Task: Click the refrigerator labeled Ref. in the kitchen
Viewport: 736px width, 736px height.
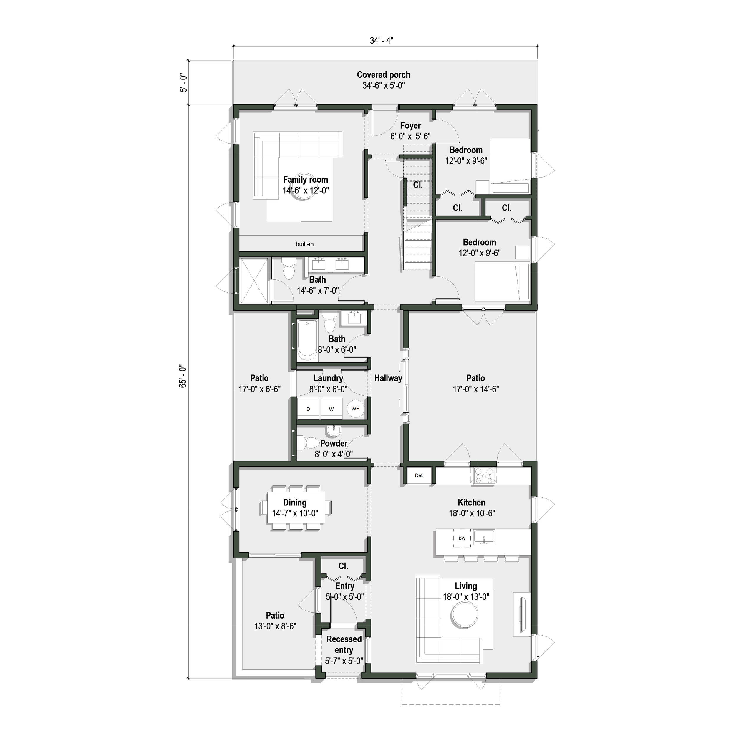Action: [x=419, y=475]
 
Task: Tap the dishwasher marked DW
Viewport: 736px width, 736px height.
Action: [x=462, y=538]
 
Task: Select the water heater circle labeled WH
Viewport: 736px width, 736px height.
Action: [x=355, y=409]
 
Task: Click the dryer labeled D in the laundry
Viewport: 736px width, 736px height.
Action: [x=308, y=409]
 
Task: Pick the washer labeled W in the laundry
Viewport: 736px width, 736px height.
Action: [x=331, y=409]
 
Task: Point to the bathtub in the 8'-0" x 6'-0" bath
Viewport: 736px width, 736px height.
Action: [x=307, y=341]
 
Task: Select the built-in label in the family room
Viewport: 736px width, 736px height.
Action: [x=304, y=244]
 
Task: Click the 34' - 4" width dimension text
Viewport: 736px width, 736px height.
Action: [x=381, y=41]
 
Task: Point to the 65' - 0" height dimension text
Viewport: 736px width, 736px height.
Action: [x=183, y=376]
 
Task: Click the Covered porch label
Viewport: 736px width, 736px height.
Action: [x=383, y=75]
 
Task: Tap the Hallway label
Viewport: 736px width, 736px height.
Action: [x=388, y=378]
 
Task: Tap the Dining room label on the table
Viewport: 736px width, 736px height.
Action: [x=294, y=503]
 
